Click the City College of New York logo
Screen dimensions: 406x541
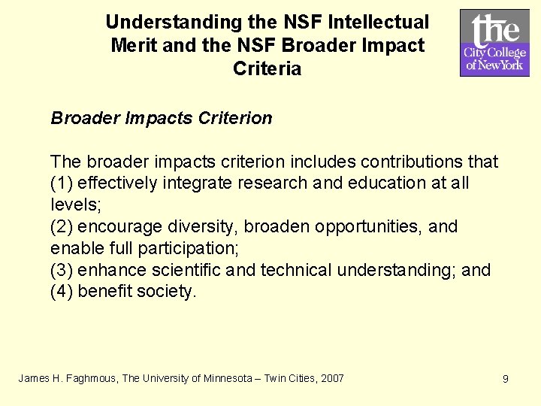pyautogui.click(x=494, y=43)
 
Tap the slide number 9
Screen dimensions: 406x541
pyautogui.click(x=506, y=379)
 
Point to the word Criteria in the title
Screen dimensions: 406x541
pyautogui.click(x=267, y=69)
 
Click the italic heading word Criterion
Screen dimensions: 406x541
pyautogui.click(x=236, y=118)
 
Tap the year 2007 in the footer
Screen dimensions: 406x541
pyautogui.click(x=331, y=378)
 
